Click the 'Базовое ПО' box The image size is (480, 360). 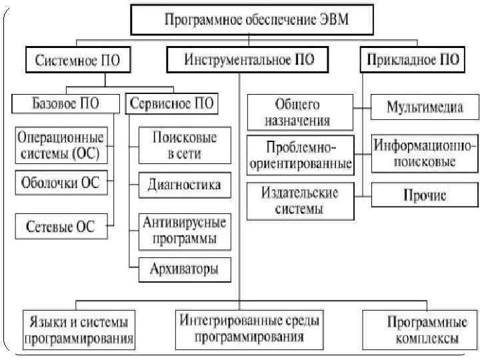tap(64, 104)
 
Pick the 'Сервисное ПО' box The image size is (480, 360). tap(172, 104)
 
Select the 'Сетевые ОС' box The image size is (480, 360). tap(60, 227)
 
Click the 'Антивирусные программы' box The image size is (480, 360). tap(185, 229)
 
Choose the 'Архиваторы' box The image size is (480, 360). tap(185, 270)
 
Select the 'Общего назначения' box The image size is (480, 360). tap(299, 112)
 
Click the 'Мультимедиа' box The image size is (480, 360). tap(425, 107)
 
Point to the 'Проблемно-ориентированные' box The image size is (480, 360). tap(299, 155)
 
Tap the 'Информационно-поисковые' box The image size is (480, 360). tap(425, 154)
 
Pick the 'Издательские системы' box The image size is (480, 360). tap(299, 201)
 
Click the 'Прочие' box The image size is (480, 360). tap(425, 196)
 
